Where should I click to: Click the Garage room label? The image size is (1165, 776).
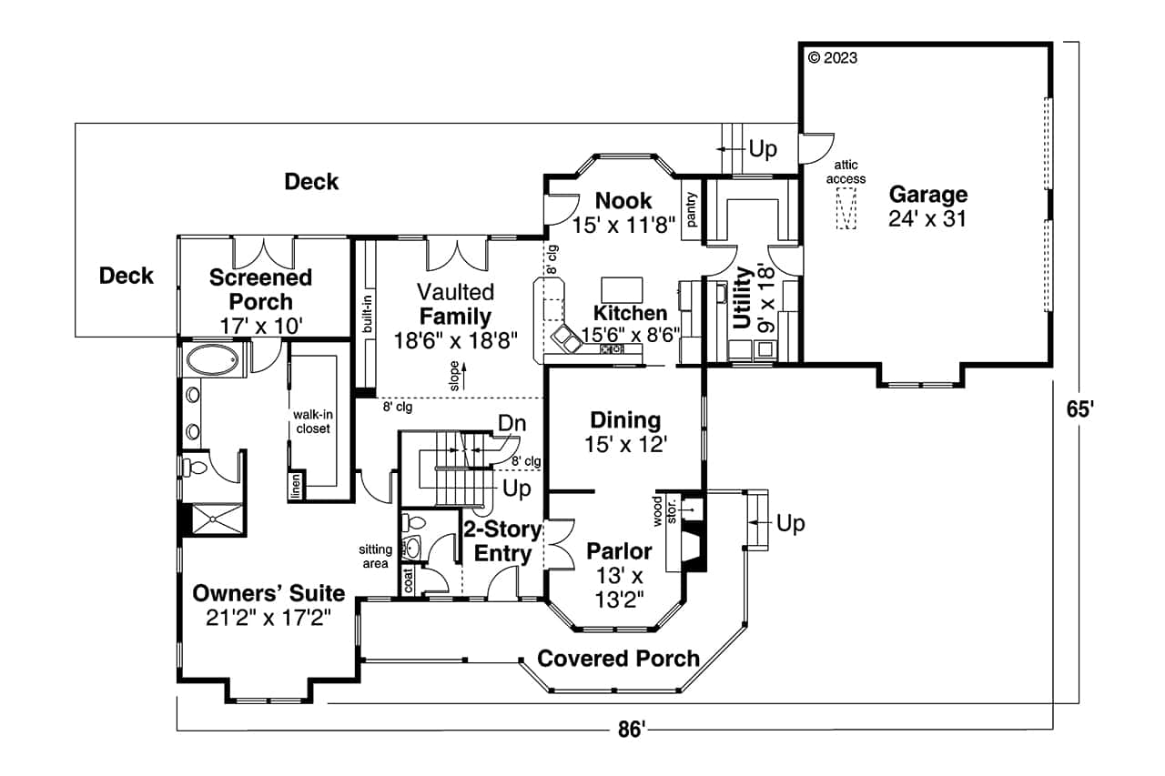[927, 195]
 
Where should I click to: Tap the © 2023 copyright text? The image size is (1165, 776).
[832, 57]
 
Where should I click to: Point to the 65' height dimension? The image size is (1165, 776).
[1079, 409]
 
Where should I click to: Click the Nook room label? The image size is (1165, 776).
[623, 200]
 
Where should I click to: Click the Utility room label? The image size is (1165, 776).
[743, 297]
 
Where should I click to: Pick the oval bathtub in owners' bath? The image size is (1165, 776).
[214, 362]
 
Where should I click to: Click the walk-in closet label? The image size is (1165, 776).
[311, 421]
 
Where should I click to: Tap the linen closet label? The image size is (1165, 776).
[296, 487]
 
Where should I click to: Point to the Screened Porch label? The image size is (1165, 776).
[260, 288]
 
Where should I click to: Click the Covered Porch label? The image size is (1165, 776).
[618, 658]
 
